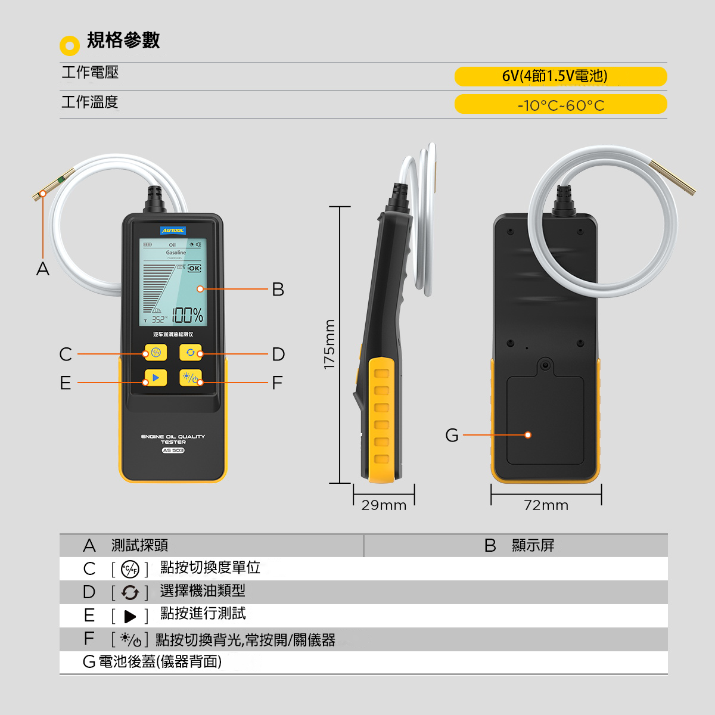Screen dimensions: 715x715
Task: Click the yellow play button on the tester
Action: coord(156,378)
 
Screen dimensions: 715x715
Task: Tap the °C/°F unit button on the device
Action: coord(156,353)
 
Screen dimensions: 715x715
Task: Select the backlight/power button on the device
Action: coord(191,378)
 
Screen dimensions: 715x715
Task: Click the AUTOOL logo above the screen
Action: coord(173,231)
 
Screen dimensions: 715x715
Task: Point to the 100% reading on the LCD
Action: coord(188,315)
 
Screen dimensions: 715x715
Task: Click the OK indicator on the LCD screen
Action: coord(195,269)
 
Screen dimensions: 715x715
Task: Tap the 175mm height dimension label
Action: coord(329,344)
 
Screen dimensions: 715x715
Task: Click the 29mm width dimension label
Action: coord(384,505)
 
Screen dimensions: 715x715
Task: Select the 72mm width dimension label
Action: coord(546,505)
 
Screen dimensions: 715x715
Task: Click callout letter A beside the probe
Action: coord(43,269)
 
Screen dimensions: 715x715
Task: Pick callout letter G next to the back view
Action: coord(452,436)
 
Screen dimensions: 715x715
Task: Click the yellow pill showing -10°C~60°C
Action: coord(560,105)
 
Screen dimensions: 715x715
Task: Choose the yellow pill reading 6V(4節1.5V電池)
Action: coord(560,76)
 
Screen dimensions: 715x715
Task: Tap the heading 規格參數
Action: coord(123,41)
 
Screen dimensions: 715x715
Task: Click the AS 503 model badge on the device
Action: coord(173,450)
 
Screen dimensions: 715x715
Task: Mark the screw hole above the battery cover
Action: coord(545,365)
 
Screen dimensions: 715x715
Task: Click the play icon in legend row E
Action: coord(130,617)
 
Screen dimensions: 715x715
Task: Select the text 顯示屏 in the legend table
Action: coord(533,545)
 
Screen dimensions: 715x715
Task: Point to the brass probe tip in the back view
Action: coord(673,179)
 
